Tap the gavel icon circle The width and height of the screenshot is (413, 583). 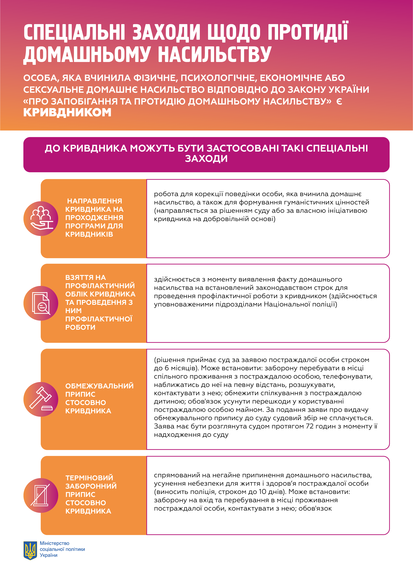pos(41,399)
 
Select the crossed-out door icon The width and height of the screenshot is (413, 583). pos(41,495)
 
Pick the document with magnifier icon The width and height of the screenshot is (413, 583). pos(41,303)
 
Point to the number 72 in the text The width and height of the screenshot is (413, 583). pos(310,426)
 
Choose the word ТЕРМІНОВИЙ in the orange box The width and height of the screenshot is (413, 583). pos(89,478)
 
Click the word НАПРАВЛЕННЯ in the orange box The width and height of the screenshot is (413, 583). pos(95,201)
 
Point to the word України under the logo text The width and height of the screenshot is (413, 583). pos(49,555)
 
